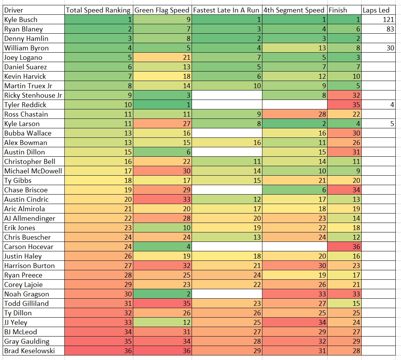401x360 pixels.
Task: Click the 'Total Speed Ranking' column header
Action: point(98,10)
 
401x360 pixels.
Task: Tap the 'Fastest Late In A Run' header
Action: point(226,10)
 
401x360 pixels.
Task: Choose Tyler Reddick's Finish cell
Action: point(344,105)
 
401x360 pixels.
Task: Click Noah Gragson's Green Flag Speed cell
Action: point(162,294)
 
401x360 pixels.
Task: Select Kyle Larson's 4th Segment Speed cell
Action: point(294,124)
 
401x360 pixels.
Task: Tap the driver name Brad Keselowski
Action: point(30,351)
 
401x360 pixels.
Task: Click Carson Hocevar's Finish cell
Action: point(344,247)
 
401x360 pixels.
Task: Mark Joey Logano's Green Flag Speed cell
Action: point(162,58)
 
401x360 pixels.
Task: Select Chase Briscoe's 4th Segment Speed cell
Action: point(294,190)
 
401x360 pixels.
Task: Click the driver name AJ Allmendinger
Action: point(30,218)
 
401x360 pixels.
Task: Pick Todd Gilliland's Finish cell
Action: point(344,304)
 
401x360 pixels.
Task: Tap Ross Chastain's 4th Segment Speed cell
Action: point(294,114)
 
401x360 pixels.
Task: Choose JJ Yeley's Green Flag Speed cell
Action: point(162,323)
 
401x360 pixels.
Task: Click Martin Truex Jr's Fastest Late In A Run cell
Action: point(226,86)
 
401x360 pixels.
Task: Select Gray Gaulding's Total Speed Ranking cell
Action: point(98,341)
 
